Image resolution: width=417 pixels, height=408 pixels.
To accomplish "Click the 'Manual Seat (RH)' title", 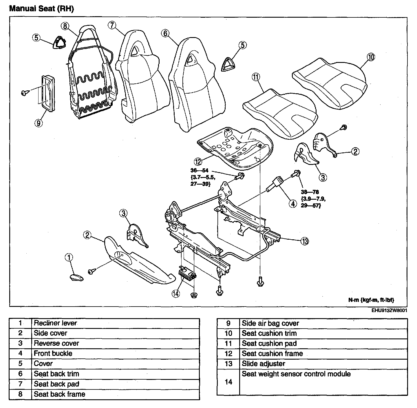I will [41, 9].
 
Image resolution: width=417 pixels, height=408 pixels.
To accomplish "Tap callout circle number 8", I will [65, 26].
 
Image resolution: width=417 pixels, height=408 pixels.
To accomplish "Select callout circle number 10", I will [371, 57].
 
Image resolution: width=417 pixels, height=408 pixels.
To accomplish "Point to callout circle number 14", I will [176, 294].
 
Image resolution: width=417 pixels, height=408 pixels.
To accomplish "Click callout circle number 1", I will [69, 257].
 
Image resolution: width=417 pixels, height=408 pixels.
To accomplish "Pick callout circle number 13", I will [304, 241].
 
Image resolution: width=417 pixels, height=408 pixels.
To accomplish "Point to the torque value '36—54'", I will [200, 171].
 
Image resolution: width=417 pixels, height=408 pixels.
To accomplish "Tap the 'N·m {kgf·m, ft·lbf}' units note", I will [371, 300].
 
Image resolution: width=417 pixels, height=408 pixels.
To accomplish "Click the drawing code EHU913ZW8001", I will [389, 310].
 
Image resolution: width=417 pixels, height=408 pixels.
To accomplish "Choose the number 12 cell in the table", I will [228, 354].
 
